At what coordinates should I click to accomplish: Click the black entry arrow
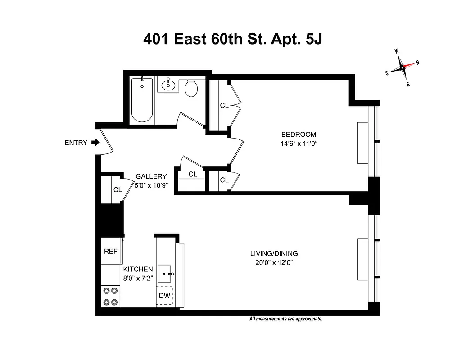[x=95, y=143]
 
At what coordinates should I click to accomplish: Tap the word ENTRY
[x=76, y=143]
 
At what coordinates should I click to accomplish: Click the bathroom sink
[x=170, y=84]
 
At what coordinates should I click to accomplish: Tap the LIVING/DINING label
[x=274, y=253]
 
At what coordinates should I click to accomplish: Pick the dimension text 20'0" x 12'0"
[x=274, y=262]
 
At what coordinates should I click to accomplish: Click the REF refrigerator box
[x=111, y=251]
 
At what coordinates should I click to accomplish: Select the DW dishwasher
[x=165, y=296]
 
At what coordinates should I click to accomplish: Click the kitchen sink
[x=166, y=273]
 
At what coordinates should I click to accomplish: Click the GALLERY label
[x=151, y=176]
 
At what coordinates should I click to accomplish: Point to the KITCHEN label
[x=138, y=269]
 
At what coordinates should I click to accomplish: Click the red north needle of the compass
[x=408, y=66]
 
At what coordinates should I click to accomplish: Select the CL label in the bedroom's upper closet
[x=224, y=106]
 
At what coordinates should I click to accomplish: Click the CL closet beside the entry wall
[x=118, y=190]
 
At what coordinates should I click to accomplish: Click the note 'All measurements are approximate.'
[x=286, y=319]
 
